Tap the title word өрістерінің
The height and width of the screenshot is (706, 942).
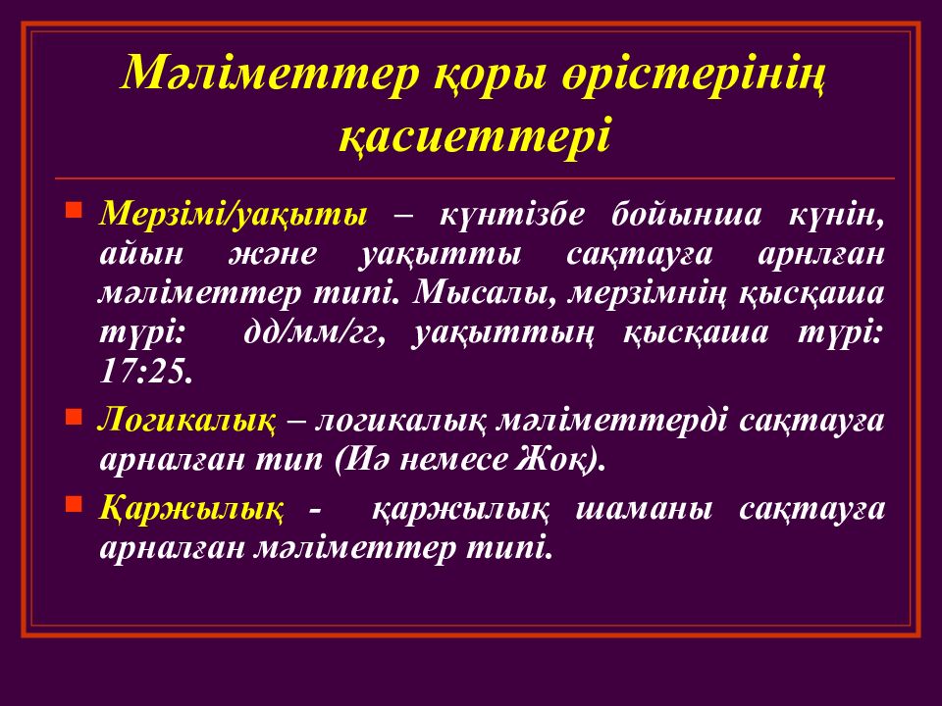(694, 76)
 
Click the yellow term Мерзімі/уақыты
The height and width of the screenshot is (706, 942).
(234, 215)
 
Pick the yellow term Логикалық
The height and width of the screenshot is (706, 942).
(186, 421)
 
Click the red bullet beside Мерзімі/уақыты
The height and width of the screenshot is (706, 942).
(74, 211)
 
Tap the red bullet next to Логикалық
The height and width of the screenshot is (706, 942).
(74, 417)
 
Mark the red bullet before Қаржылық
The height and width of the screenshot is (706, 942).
(74, 504)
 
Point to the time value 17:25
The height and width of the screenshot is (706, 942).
(146, 373)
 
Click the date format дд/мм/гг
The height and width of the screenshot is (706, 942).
(314, 333)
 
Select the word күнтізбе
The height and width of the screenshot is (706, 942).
(511, 215)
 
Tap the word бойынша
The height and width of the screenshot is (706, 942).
(686, 215)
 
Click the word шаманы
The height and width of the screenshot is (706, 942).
(644, 510)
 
